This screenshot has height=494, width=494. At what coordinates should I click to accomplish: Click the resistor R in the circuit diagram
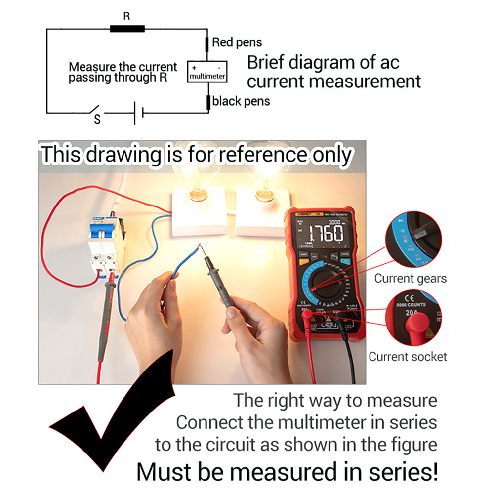coord(127,29)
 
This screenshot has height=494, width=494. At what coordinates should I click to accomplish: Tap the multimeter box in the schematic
coord(207,71)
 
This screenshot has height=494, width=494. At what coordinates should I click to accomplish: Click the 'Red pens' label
coord(237,43)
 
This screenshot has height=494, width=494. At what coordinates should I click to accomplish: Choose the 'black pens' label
coord(241,102)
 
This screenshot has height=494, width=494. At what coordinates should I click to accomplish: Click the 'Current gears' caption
coord(410,278)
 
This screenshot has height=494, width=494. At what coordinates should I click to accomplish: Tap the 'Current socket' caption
coord(408,357)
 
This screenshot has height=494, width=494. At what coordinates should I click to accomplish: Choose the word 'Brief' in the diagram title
coord(266,63)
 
